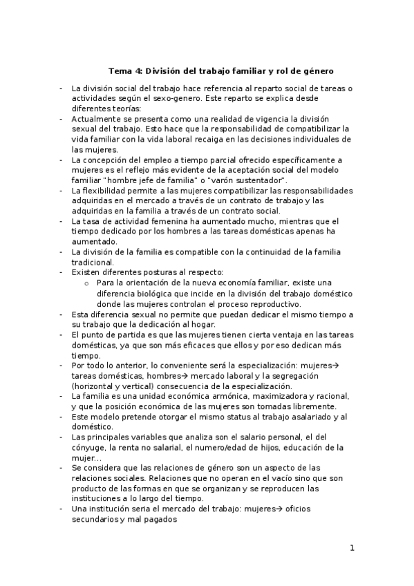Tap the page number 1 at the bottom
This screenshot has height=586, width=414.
pos(352,549)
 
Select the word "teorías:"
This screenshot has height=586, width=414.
pos(124,108)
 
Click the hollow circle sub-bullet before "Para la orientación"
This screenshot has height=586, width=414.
pos(86,283)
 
